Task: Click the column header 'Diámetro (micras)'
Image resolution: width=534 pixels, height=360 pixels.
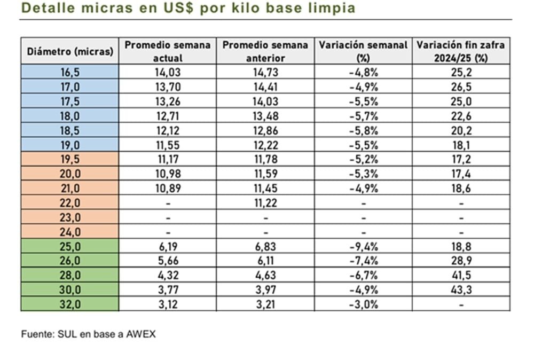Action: pos(70,52)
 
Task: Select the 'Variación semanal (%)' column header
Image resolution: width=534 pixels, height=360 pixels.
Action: pos(363,51)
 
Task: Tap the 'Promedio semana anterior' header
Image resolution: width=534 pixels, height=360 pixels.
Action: pos(265,51)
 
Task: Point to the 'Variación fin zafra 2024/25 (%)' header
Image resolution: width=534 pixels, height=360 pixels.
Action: pos(461,51)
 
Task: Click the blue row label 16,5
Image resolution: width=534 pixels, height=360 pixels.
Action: pos(70,72)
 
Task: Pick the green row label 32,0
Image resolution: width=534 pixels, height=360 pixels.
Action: pos(70,304)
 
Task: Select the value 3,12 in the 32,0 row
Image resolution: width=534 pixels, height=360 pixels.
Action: pos(168,304)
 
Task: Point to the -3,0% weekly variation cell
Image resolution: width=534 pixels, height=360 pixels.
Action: pos(363,304)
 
